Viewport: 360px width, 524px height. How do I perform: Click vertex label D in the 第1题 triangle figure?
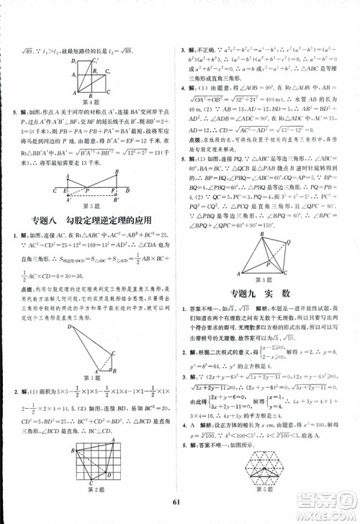tap(69, 327)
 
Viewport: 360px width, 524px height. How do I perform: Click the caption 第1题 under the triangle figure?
tap(91, 378)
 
